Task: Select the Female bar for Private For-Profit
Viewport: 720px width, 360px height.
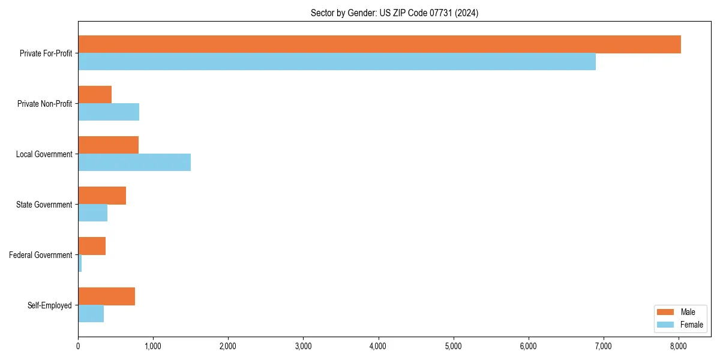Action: pyautogui.click(x=337, y=62)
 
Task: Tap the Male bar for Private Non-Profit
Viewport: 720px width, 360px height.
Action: pyautogui.click(x=95, y=95)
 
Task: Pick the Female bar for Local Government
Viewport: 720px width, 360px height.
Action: pyautogui.click(x=134, y=162)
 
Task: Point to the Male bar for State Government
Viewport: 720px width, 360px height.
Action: pyautogui.click(x=102, y=196)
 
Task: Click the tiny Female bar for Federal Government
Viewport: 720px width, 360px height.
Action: pyautogui.click(x=80, y=263)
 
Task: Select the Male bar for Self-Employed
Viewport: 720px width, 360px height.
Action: pyautogui.click(x=106, y=296)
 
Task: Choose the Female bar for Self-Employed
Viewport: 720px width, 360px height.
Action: pyautogui.click(x=91, y=313)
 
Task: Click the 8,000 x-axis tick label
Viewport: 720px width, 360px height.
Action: pyautogui.click(x=678, y=346)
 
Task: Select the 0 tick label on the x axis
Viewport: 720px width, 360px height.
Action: pyautogui.click(x=78, y=346)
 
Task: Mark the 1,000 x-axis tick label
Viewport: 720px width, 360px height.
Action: pyautogui.click(x=153, y=346)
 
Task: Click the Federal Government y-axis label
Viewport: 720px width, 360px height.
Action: pyautogui.click(x=41, y=255)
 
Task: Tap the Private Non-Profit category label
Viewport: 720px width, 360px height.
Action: pyautogui.click(x=44, y=104)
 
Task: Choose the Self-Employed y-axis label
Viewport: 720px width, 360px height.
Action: pyautogui.click(x=50, y=305)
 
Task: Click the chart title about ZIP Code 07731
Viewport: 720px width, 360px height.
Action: pyautogui.click(x=394, y=13)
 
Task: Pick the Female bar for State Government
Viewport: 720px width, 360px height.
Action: pyautogui.click(x=92, y=212)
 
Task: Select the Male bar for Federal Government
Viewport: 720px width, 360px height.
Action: pyautogui.click(x=92, y=246)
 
